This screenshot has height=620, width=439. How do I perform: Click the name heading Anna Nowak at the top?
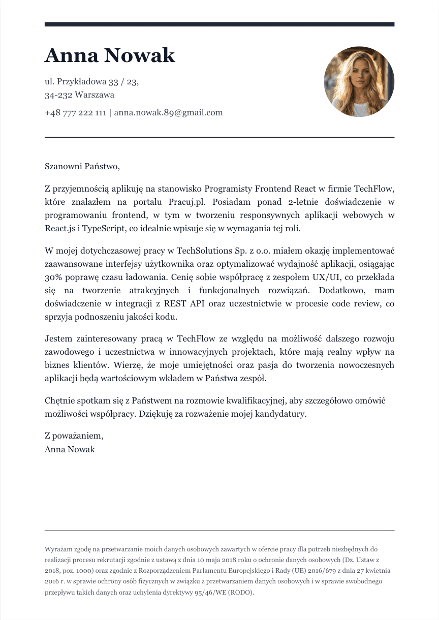coord(110,55)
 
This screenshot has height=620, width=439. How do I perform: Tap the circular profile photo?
coord(359,82)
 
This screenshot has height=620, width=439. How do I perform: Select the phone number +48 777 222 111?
coord(75,113)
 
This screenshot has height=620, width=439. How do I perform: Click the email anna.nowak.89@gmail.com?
coord(168,113)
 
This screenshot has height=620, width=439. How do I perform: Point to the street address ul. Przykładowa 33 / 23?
coord(91,81)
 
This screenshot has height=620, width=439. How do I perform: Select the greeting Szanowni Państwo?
coord(82,166)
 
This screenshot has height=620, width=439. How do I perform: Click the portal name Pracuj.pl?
coord(192,202)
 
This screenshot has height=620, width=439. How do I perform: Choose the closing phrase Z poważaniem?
coord(74,436)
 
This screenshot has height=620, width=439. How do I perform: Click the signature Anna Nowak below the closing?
coord(70,450)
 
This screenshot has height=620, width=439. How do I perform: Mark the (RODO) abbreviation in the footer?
coord(240,593)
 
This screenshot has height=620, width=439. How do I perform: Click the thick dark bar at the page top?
coord(219,24)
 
